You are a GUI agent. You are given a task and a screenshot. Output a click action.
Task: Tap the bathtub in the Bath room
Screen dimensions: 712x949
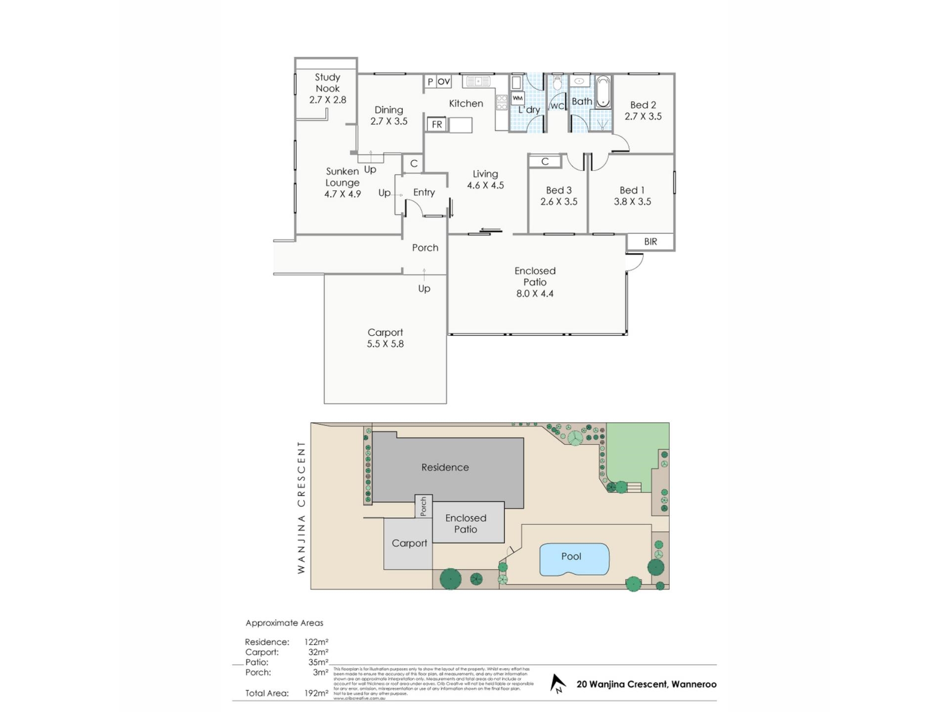click(x=603, y=92)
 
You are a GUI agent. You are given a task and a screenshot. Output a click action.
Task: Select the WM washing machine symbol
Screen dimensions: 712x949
click(x=518, y=98)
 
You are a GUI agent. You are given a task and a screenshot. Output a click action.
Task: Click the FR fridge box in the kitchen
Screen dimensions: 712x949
click(x=436, y=124)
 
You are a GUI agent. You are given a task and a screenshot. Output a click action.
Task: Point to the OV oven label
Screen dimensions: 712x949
click(x=444, y=82)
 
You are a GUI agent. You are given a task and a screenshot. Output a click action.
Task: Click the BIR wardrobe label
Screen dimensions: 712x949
click(x=650, y=241)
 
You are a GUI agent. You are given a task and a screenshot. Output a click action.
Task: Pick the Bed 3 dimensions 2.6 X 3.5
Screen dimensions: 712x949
click(x=559, y=202)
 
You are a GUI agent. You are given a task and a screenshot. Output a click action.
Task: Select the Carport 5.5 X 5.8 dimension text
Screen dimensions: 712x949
click(x=385, y=344)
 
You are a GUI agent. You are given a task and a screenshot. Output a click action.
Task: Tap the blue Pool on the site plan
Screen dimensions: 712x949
click(x=573, y=559)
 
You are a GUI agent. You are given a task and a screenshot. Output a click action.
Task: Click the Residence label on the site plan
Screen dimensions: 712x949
click(x=445, y=467)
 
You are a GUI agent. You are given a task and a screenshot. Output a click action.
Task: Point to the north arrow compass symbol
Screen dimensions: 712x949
click(x=558, y=683)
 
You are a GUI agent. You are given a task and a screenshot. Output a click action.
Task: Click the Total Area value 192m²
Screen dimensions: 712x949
click(x=316, y=693)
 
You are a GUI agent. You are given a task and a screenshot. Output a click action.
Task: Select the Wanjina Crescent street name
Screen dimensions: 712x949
click(x=301, y=507)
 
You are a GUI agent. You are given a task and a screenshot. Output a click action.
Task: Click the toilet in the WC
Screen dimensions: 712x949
click(x=557, y=83)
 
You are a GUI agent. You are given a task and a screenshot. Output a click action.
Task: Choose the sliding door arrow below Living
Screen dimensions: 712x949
click(x=490, y=230)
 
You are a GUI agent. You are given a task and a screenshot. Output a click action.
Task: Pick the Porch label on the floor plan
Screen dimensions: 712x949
click(x=425, y=248)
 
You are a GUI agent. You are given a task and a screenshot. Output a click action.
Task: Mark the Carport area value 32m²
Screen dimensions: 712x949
click(x=318, y=652)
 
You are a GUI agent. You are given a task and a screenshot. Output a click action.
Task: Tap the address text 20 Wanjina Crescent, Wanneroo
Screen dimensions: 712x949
click(x=646, y=684)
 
